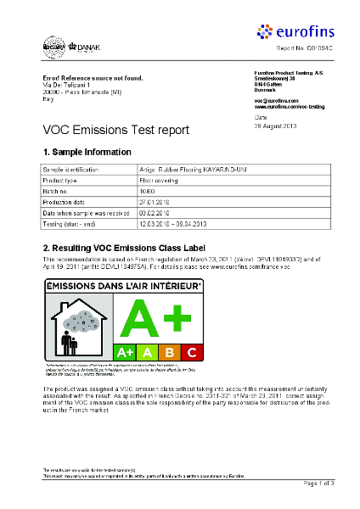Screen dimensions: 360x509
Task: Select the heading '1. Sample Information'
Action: pyautogui.click(x=87, y=152)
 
